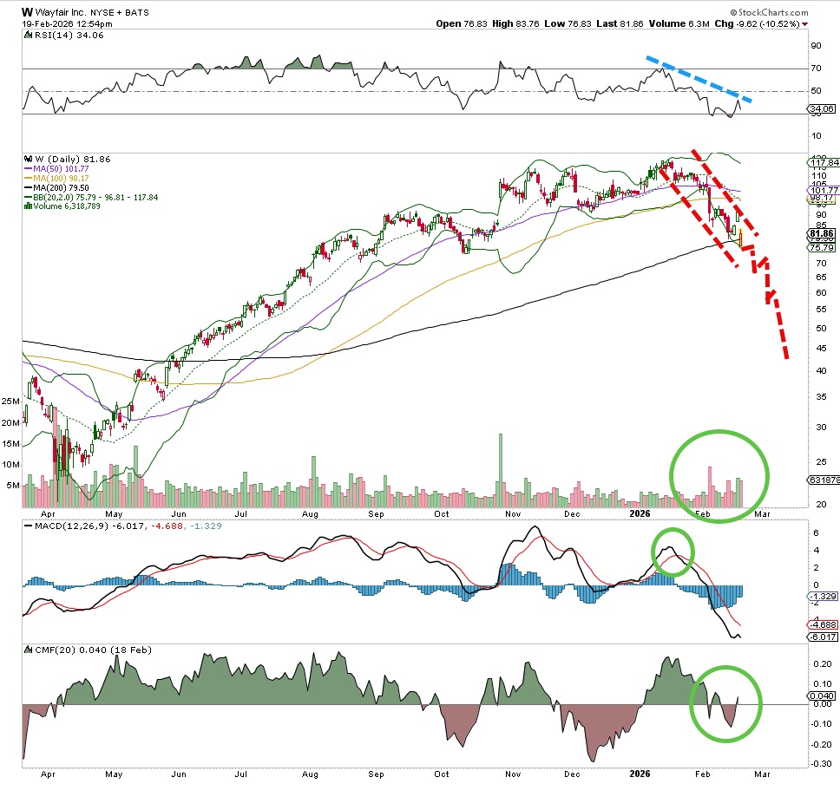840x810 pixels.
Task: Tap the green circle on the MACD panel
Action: pos(673,552)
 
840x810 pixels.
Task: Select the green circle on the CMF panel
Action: pos(725,702)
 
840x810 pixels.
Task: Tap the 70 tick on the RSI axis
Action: pos(815,69)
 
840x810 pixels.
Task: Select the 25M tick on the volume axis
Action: pos(11,402)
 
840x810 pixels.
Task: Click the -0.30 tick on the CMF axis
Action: pos(817,763)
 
